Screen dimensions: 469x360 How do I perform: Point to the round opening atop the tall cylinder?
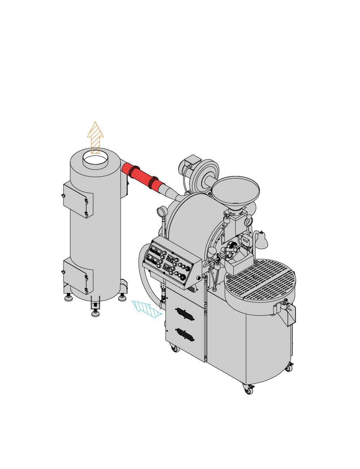click(x=95, y=158)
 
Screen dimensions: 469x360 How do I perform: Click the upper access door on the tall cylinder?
click(x=78, y=200)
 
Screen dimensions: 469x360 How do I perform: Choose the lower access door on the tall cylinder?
click(x=78, y=275)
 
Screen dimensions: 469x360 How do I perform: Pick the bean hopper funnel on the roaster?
click(x=235, y=190)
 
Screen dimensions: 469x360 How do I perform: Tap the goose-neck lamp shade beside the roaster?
click(x=261, y=240)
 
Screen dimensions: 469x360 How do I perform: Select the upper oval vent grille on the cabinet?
click(x=185, y=314)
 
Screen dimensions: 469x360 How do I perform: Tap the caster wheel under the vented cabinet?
click(x=175, y=348)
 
